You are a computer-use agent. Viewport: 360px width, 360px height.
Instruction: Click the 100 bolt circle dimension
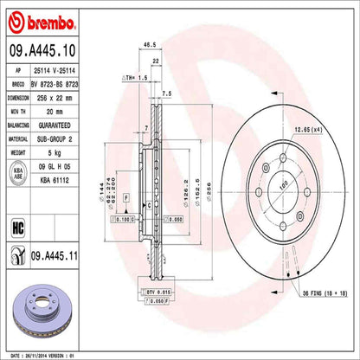[x=283, y=185]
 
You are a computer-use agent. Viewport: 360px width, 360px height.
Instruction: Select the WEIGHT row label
[x=17, y=149]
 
